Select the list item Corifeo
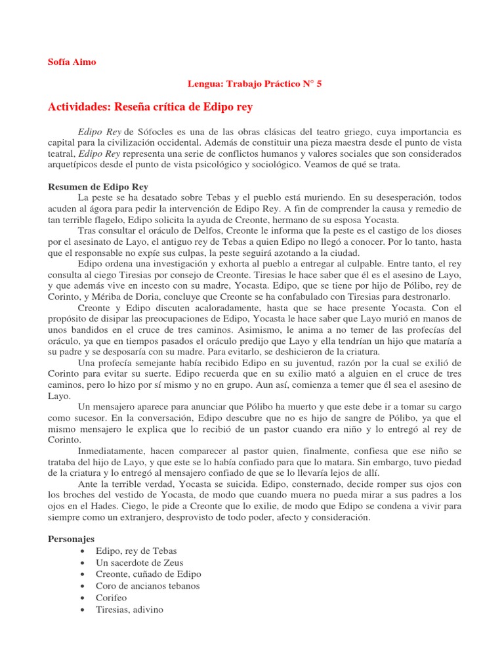coord(112,598)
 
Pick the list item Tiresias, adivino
coord(129,610)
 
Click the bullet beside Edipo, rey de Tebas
coord(81,551)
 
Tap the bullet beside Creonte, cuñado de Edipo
coord(81,574)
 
